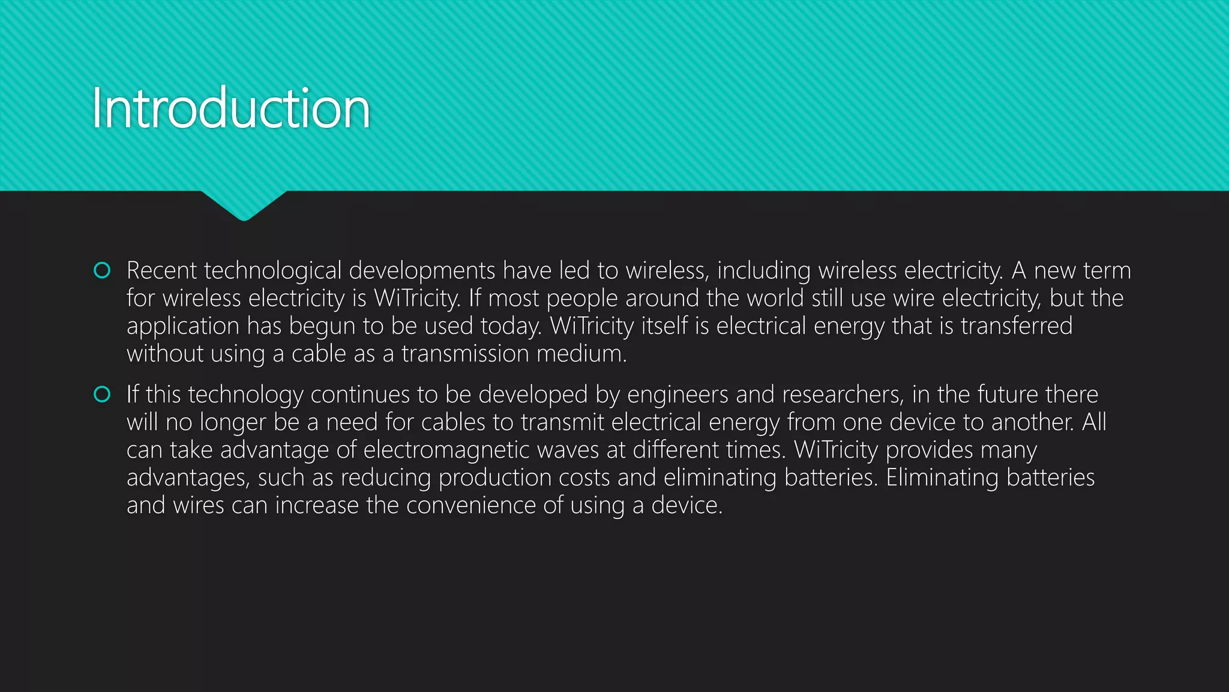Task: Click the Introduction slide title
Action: click(x=231, y=109)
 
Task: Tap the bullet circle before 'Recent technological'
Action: click(x=103, y=271)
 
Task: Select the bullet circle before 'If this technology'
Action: click(x=103, y=395)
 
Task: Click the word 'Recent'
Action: click(x=161, y=271)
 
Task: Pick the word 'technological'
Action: click(x=272, y=271)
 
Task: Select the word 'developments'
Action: click(x=422, y=271)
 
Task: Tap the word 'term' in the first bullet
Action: click(x=1107, y=271)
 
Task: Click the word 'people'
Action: click(x=581, y=299)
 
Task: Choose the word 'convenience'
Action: click(x=471, y=505)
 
